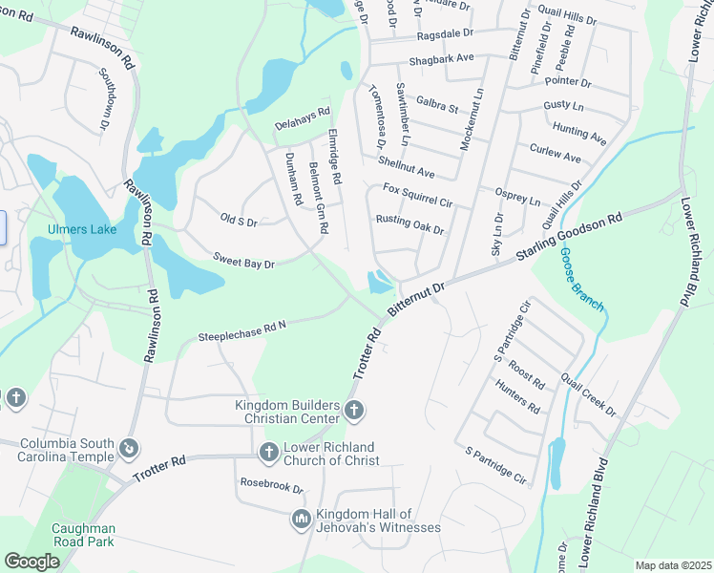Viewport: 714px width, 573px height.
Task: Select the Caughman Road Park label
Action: (83, 535)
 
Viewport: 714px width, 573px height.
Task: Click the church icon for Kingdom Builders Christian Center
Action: (354, 412)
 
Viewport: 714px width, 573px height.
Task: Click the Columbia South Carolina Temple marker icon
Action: (128, 447)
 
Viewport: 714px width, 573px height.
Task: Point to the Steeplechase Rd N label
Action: (242, 331)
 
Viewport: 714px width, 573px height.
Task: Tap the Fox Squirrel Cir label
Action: (417, 196)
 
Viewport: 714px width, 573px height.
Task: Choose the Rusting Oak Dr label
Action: (409, 224)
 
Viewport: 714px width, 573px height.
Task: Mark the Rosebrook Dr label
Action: (271, 486)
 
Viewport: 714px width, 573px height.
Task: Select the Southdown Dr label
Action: (106, 99)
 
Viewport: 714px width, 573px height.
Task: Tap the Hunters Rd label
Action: (517, 396)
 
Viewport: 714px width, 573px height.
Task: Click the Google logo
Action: (32, 561)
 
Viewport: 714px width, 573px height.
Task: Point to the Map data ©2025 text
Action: (673, 565)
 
